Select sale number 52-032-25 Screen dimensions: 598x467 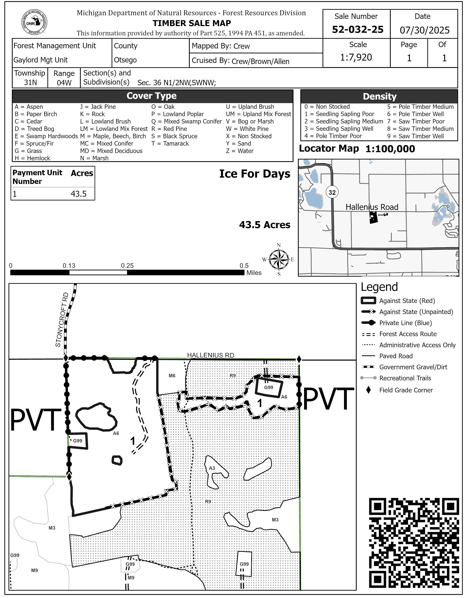357,30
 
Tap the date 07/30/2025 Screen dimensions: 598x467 424,30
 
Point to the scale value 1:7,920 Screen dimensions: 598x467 356,57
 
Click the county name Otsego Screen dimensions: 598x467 125,60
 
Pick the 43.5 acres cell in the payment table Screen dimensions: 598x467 78,194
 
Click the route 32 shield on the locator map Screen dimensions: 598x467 332,192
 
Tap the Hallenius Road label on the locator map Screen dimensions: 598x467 372,207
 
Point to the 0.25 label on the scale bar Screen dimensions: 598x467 127,266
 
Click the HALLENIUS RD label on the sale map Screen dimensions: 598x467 210,355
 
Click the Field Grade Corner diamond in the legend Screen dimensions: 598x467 368,390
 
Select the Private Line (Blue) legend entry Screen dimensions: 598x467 405,323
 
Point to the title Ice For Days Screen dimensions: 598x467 255,174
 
